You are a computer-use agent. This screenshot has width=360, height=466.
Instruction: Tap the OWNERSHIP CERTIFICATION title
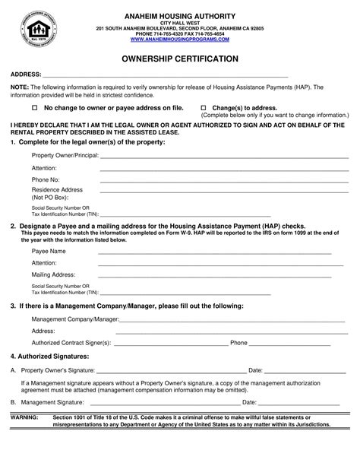coord(180,58)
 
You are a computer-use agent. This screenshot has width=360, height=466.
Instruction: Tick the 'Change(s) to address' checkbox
coord(203,109)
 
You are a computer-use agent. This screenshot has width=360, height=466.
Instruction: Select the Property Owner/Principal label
coord(65,155)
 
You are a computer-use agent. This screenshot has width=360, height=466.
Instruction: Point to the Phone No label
coord(45,179)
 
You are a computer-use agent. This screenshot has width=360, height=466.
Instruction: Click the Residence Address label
coord(56,189)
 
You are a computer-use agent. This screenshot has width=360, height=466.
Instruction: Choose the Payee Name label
coord(49,250)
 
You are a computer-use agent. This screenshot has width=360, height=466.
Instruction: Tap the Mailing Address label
coord(53,274)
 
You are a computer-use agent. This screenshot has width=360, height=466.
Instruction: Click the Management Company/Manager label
coord(74,319)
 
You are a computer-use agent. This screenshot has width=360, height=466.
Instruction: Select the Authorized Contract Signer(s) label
coord(71,343)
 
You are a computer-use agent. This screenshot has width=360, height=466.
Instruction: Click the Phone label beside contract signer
coord(238,343)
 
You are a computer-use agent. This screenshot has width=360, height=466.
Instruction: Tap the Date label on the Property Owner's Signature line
coord(255,369)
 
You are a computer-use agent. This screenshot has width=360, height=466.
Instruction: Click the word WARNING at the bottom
coord(23,417)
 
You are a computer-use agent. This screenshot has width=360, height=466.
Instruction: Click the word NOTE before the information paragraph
coord(19,88)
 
